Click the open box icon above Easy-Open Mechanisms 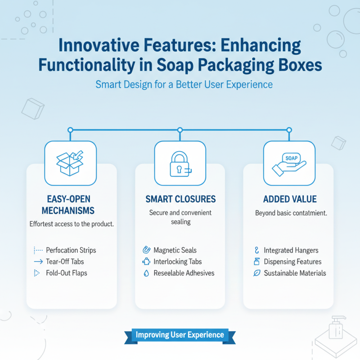click(x=70, y=163)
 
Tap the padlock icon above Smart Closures click(x=180, y=163)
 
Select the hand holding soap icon click(x=289, y=163)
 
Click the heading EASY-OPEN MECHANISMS click(x=71, y=204)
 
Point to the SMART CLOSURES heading click(x=180, y=199)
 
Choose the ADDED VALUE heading click(x=290, y=199)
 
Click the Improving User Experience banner click(x=180, y=335)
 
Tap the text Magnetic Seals click(x=175, y=250)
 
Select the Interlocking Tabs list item click(x=178, y=261)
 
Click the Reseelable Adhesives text click(x=184, y=273)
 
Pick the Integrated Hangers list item click(x=291, y=250)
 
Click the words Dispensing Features click(x=292, y=261)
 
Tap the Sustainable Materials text click(x=295, y=273)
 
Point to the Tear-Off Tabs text click(x=65, y=261)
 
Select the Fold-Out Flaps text click(x=67, y=273)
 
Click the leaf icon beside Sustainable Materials click(x=257, y=273)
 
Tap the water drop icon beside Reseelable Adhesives click(x=146, y=273)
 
